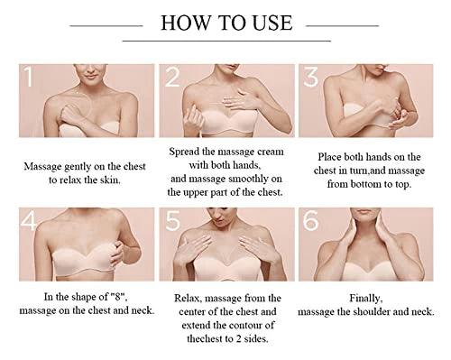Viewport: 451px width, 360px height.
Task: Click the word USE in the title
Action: coord(272,23)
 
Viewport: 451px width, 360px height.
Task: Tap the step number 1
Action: coord(28,77)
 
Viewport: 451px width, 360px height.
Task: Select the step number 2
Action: coord(172,77)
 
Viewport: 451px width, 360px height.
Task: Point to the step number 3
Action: coord(310,77)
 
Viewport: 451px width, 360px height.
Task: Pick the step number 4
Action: coord(29,221)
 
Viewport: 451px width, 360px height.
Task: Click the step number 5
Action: coord(173,221)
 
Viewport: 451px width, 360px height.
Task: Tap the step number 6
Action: coord(310,221)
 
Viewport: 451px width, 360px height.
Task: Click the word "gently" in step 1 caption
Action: coord(78,167)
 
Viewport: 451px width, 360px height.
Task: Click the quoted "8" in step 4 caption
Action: coord(117,297)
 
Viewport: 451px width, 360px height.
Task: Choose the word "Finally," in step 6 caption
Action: coord(366,299)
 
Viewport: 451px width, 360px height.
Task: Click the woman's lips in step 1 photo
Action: coord(90,77)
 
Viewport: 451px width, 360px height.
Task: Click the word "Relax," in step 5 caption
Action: coord(188,299)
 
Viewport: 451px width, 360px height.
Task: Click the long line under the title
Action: coord(226,41)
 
